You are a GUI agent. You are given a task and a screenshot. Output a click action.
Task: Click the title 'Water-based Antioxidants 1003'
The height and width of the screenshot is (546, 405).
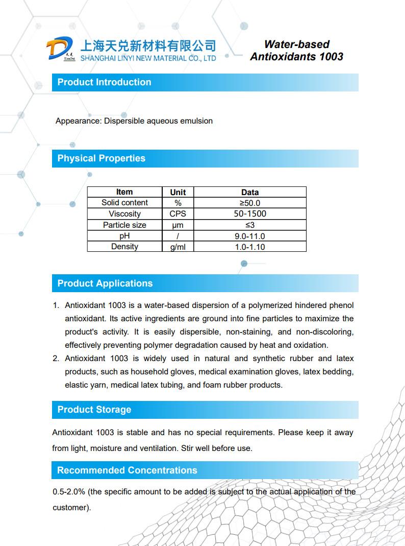[296, 50]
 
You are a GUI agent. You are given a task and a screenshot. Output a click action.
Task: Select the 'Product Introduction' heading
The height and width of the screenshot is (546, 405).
[104, 82]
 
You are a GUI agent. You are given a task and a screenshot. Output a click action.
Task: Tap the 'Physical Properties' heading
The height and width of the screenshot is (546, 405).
[101, 158]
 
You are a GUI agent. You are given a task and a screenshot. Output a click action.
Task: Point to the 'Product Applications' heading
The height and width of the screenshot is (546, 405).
[105, 283]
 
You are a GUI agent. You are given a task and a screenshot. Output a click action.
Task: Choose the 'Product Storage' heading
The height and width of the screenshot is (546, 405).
[94, 410]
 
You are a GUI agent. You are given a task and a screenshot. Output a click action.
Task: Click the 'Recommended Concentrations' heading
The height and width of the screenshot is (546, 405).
[126, 470]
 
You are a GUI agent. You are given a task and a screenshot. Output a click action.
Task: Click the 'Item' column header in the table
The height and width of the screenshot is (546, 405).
[124, 192]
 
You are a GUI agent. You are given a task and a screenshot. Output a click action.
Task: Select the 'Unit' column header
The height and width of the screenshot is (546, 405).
[178, 193]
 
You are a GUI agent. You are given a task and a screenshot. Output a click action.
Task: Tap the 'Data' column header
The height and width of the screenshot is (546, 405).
[250, 193]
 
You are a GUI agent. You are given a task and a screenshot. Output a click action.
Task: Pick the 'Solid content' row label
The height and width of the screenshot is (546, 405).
[124, 203]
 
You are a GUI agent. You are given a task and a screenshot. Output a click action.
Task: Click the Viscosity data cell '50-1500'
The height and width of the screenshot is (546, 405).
[250, 214]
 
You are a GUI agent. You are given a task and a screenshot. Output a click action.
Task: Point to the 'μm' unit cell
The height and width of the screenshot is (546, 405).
[178, 225]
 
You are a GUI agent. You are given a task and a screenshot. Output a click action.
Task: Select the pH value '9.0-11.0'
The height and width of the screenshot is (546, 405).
[250, 236]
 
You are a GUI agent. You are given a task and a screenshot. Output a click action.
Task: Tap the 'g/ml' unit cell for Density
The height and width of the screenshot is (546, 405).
[178, 247]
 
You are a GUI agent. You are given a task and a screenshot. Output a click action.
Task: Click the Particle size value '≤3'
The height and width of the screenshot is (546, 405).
[250, 225]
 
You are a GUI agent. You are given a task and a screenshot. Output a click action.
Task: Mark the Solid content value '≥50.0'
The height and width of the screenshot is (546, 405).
[250, 203]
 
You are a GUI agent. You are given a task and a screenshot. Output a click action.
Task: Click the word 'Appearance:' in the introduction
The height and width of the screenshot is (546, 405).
[79, 121]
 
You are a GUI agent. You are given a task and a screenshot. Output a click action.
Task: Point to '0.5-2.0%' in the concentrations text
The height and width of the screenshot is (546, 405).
[69, 492]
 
